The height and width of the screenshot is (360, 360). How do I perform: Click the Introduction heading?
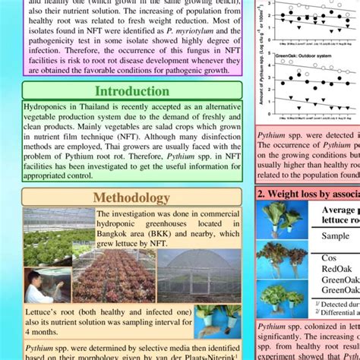point(132,91)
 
